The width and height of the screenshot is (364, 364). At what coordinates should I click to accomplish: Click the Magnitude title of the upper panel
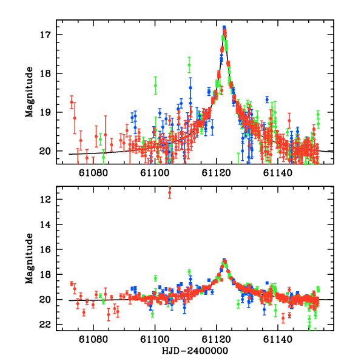click(29, 92)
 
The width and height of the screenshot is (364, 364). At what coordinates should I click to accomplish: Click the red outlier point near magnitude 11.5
click(169, 193)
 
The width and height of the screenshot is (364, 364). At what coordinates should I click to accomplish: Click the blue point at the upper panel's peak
click(224, 28)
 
